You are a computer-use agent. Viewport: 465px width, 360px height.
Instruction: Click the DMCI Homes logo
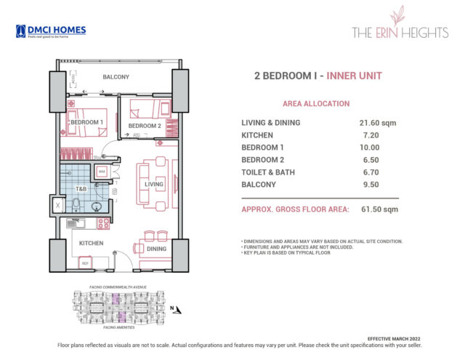(50, 31)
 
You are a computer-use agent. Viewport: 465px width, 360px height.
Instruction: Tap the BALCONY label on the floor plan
(116, 76)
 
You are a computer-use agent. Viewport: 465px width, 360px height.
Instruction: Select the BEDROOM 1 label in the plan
(86, 122)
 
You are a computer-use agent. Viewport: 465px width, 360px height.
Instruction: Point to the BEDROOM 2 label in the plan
(144, 126)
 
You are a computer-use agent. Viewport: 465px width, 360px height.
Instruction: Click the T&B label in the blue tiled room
(82, 188)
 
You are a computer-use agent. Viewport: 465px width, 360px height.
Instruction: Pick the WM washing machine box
(102, 172)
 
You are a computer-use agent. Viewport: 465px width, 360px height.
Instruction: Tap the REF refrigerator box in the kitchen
(84, 263)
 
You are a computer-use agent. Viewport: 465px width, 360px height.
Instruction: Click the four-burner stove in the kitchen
(103, 224)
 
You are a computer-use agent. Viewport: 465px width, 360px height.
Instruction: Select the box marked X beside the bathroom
(57, 206)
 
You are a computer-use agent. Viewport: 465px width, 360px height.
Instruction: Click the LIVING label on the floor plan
(154, 184)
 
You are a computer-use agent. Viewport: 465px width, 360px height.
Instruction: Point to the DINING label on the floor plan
(156, 249)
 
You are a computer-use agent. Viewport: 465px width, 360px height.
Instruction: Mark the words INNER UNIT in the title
(354, 76)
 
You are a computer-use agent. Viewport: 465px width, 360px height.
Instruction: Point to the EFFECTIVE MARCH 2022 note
(416, 338)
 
